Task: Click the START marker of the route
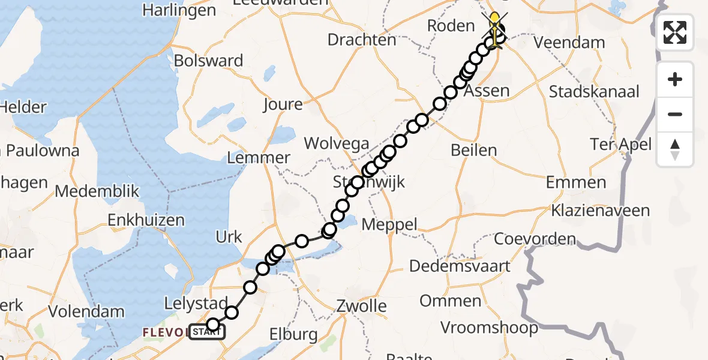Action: pos(207,332)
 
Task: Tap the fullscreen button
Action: pos(675,32)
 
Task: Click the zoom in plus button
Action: pos(675,79)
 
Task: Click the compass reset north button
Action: pos(675,149)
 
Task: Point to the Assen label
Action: pos(487,92)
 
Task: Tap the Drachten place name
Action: pos(362,40)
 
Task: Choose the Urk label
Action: pos(229,237)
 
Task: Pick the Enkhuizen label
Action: pos(146,220)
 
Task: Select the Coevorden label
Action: pos(535,239)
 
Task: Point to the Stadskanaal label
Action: pos(595,92)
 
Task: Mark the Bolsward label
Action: pos(208,61)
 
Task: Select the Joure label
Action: pos(283,104)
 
